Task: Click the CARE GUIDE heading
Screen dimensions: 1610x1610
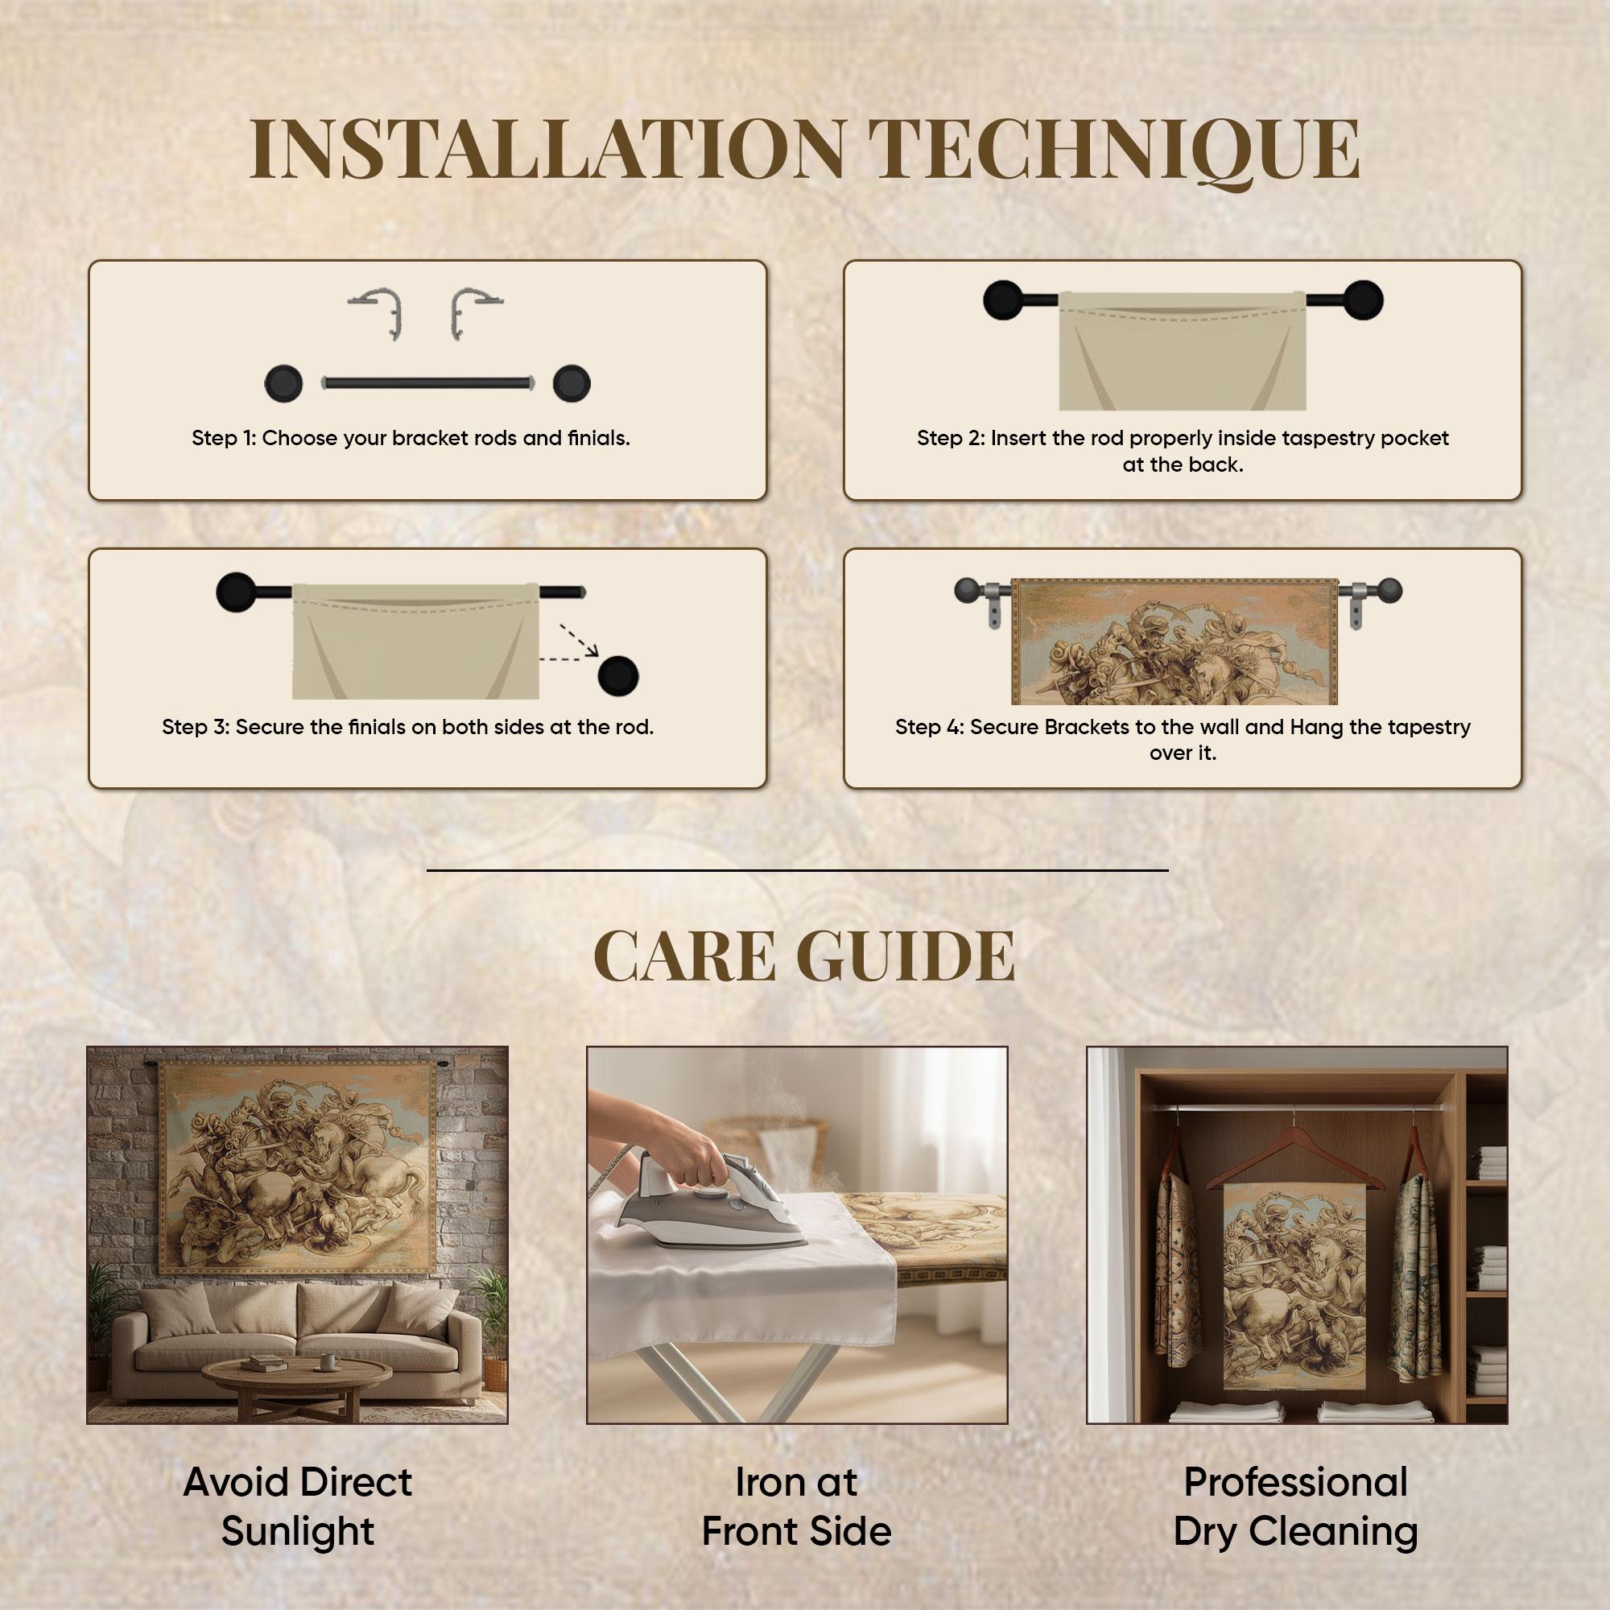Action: click(804, 956)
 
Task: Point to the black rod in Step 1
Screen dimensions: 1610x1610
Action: click(426, 383)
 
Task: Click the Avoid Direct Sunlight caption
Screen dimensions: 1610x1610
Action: click(298, 1507)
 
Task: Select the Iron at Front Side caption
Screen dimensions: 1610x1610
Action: click(797, 1507)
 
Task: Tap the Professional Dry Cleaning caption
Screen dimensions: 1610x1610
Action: click(1296, 1507)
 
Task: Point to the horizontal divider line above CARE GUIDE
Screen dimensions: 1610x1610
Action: click(798, 871)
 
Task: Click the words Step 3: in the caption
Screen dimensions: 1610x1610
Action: click(196, 728)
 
